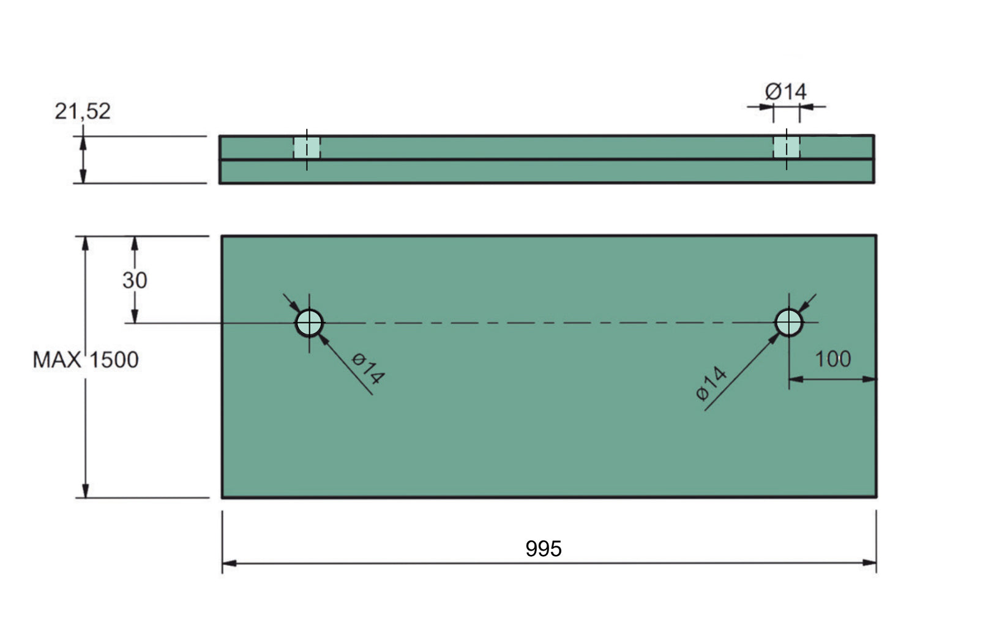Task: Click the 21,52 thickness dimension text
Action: (x=83, y=111)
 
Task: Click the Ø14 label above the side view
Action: (x=786, y=92)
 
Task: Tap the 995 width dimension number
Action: (x=544, y=549)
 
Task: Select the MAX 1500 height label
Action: (x=86, y=360)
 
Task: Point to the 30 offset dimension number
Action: (x=135, y=280)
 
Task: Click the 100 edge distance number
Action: (x=832, y=359)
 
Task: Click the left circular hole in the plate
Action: (x=310, y=323)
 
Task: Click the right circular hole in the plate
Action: (x=789, y=322)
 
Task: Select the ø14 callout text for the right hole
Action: (x=712, y=384)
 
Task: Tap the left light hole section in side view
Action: (x=307, y=147)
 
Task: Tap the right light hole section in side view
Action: (x=787, y=147)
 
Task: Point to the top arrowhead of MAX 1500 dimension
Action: (x=86, y=242)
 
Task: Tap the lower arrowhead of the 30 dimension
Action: (x=135, y=316)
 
